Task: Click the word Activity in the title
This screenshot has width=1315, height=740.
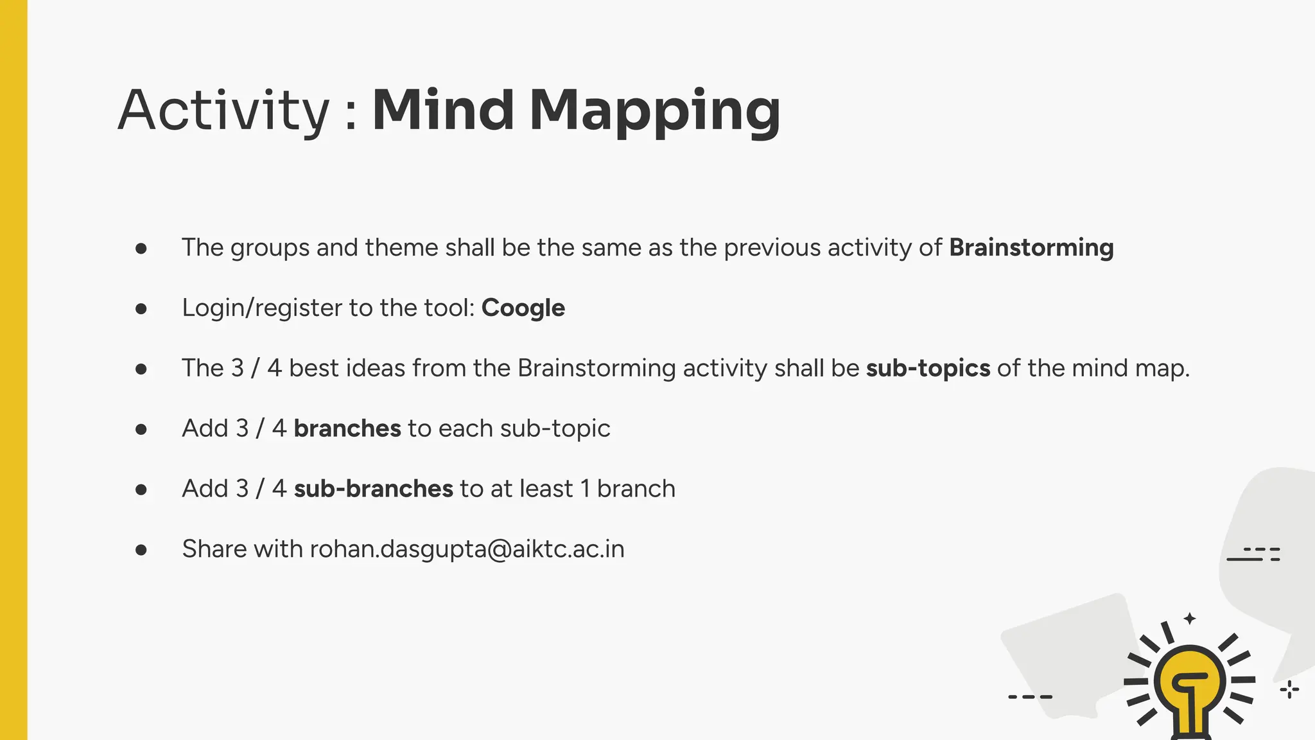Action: pos(223,110)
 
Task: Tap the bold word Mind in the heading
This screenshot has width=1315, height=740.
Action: pos(443,110)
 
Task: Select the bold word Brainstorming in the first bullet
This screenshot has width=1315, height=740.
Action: pos(1031,247)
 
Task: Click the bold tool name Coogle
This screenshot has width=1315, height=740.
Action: pos(523,308)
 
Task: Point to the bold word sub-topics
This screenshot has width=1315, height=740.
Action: pos(928,368)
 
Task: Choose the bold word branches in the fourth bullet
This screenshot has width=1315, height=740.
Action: pos(347,428)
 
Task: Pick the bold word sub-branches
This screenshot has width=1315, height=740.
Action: pos(373,489)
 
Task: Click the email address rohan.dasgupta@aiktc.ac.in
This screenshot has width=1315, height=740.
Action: pos(467,549)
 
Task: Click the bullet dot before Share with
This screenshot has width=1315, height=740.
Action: pos(141,550)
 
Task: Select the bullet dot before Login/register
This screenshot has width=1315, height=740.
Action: pos(141,309)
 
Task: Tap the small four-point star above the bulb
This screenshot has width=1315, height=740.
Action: pos(1190,619)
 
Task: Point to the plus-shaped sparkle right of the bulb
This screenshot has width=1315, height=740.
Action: pos(1289,690)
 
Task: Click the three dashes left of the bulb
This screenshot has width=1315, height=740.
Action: pos(1030,696)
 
